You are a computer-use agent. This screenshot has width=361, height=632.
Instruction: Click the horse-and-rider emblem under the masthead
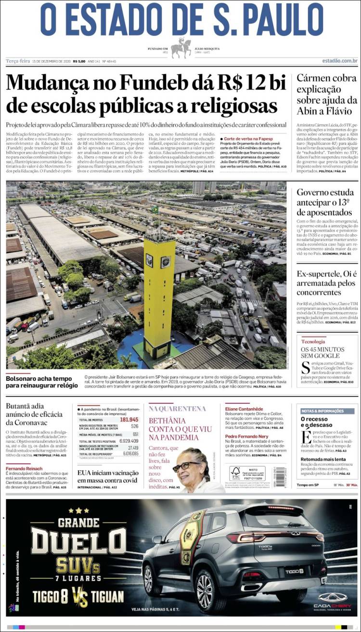(181, 48)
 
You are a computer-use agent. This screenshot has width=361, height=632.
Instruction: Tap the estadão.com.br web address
(339, 61)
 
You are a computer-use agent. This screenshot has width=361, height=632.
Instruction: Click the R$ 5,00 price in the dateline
(79, 61)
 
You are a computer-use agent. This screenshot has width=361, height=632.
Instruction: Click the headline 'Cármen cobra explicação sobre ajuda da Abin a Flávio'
(327, 95)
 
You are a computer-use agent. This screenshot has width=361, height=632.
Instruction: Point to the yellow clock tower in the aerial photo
(159, 294)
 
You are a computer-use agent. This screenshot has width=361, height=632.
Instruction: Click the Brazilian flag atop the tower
(155, 210)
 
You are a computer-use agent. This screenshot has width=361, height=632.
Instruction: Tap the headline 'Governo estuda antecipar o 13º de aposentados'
(325, 202)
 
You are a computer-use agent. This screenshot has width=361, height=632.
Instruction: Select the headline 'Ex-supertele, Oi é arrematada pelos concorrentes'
(325, 283)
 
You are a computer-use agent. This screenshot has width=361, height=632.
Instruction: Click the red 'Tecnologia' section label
(313, 341)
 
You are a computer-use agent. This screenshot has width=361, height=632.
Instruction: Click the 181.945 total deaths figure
(129, 419)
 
